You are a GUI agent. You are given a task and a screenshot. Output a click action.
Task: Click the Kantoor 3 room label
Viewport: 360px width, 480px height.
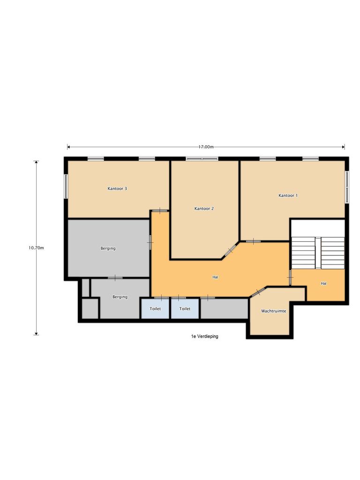pos(117,189)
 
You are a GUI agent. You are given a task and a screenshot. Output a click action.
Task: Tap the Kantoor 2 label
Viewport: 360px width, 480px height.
pos(204,209)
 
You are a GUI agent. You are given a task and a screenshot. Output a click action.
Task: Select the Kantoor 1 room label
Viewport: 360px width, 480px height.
pos(288,195)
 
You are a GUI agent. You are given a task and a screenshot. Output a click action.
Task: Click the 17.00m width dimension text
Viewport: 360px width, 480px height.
pos(206,147)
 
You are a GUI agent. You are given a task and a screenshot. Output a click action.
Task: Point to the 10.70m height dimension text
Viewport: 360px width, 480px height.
pos(36,248)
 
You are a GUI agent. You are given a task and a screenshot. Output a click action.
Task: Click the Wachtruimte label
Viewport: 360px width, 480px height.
pos(273,311)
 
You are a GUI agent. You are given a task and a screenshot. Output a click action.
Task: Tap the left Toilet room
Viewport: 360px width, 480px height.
pos(155,309)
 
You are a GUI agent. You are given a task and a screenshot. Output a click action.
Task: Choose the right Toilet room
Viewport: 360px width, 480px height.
pos(185,309)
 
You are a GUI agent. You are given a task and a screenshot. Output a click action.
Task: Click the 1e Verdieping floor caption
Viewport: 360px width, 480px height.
pos(204,337)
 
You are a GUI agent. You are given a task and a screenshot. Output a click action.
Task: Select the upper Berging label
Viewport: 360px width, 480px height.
pos(108,248)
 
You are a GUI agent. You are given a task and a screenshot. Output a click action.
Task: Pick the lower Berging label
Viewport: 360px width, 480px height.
pos(120,297)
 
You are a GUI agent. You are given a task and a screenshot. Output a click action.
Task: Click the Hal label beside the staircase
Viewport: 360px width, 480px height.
pos(323,284)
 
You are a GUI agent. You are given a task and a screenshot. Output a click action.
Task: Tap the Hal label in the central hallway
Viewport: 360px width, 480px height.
pos(215,277)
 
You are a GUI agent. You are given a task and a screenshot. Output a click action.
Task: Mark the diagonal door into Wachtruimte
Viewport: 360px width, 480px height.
pos(257,292)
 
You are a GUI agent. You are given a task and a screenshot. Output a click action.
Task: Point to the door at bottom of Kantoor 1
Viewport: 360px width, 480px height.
pos(254,241)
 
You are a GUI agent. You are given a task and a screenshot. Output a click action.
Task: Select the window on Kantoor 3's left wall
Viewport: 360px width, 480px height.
pos(66,186)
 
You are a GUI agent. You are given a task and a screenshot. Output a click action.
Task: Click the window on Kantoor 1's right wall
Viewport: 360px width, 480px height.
pos(347,187)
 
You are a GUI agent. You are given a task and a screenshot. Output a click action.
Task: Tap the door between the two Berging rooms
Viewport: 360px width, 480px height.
pos(115,278)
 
